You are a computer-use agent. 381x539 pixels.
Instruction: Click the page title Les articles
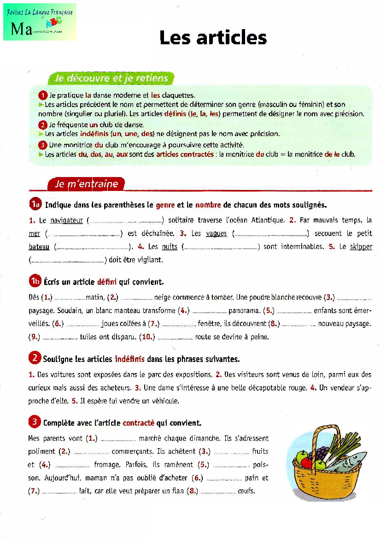click(x=213, y=38)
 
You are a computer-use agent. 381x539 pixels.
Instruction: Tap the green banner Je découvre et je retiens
click(x=111, y=78)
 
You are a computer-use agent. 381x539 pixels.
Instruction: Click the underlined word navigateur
click(x=66, y=220)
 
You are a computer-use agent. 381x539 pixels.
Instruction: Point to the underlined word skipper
click(x=361, y=247)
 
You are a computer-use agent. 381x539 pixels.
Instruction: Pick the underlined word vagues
click(x=216, y=234)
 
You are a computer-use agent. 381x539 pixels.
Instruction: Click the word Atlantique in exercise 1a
click(x=264, y=220)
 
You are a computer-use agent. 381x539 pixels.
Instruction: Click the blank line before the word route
click(x=175, y=338)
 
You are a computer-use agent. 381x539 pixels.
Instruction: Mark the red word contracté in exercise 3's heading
click(x=138, y=422)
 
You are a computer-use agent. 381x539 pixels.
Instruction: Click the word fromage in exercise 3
click(x=106, y=465)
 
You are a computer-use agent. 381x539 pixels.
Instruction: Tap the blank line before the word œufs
click(x=218, y=492)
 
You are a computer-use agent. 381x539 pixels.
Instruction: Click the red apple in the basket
click(x=303, y=458)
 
